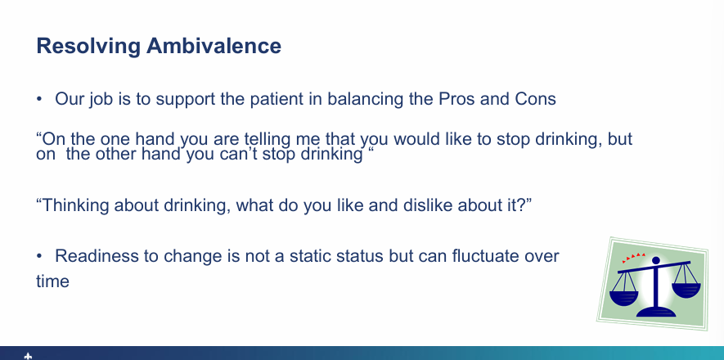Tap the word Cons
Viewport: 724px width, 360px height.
(x=536, y=100)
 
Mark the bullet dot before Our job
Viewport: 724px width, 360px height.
(x=39, y=100)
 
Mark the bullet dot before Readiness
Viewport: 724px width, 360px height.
(x=39, y=257)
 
